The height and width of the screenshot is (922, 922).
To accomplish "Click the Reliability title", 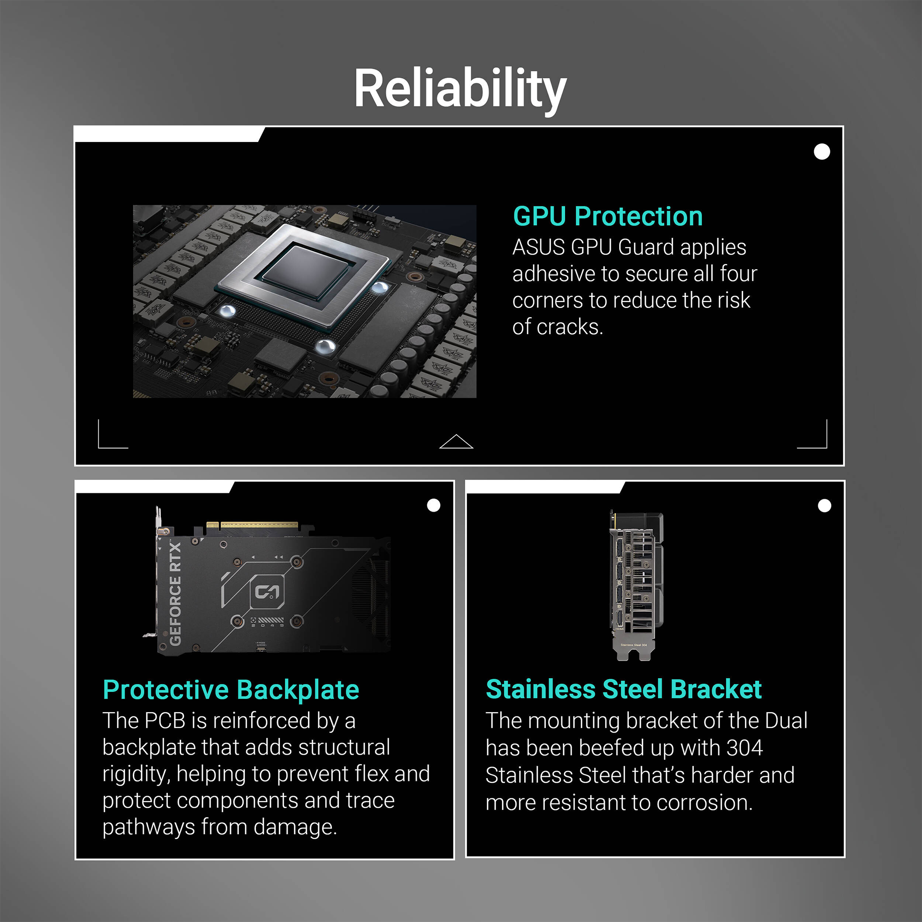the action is [460, 90].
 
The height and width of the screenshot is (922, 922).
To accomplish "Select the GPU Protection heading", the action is [608, 216].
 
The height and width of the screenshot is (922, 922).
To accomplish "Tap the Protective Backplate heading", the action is [231, 690].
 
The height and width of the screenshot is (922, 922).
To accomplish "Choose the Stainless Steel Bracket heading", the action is [624, 689].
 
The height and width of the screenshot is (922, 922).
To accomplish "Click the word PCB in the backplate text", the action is [165, 721].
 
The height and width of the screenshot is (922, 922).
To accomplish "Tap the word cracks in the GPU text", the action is [570, 327].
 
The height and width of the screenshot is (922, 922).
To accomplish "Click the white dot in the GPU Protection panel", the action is [822, 152].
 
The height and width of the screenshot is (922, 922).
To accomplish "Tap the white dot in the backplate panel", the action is [433, 505].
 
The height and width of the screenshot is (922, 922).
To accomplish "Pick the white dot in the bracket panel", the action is [824, 506].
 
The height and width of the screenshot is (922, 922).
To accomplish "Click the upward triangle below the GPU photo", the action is [456, 443].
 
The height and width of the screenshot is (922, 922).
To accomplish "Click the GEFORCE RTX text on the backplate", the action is [175, 594].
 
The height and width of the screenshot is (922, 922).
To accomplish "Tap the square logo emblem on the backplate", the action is [267, 592].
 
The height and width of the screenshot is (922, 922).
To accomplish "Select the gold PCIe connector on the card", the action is [253, 526].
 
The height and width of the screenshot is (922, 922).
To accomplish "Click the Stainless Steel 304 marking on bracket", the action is [634, 645].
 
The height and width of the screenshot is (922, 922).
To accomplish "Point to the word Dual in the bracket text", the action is [786, 721].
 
